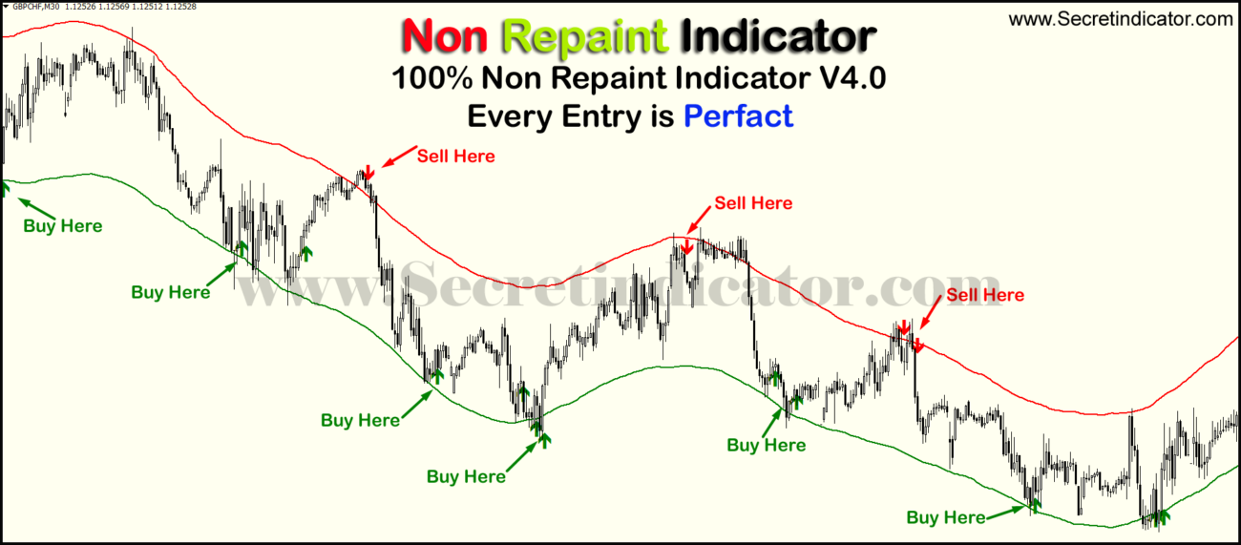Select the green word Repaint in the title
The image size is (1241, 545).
(584, 35)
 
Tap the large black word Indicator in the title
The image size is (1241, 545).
(778, 35)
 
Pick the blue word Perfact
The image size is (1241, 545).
(738, 115)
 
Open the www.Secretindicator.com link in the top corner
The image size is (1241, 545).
(1121, 18)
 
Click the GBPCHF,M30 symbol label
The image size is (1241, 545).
(36, 7)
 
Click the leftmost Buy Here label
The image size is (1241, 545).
(62, 226)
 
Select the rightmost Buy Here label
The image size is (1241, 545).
(945, 517)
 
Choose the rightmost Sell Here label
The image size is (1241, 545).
(984, 295)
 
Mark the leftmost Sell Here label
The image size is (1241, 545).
(455, 156)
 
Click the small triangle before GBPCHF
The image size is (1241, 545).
(6, 7)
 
